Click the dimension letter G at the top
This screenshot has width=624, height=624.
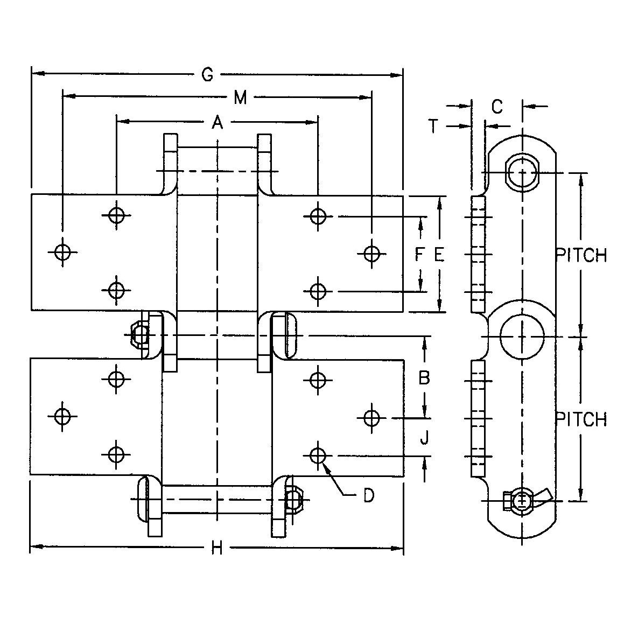tap(207, 75)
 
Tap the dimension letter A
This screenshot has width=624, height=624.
tap(217, 123)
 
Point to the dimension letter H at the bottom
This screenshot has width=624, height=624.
tap(216, 549)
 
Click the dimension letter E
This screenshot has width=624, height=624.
tap(439, 254)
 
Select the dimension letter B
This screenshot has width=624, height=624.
tap(424, 378)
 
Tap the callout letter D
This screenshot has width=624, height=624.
tap(368, 495)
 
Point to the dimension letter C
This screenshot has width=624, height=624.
tap(497, 107)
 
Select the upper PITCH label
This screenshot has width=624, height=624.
tap(581, 255)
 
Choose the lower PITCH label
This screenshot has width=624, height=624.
tap(581, 419)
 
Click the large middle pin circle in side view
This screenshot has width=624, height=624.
tap(522, 336)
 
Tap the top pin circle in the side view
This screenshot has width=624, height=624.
tap(522, 173)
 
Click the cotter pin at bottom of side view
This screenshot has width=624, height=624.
tap(525, 501)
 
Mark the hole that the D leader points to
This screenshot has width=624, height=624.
tap(319, 455)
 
